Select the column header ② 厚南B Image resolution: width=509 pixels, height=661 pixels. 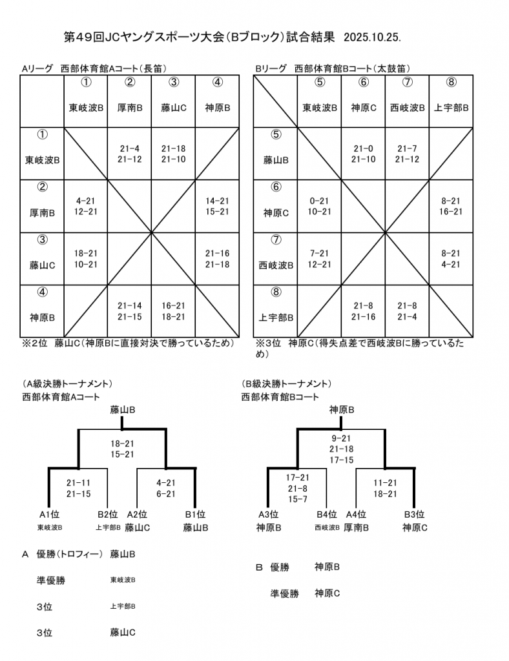point(130,101)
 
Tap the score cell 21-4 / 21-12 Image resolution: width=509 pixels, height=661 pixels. point(130,154)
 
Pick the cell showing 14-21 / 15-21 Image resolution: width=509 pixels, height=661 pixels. point(217,206)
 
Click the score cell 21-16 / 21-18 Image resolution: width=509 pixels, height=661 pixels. point(217,259)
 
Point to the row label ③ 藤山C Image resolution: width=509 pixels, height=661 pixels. point(42,258)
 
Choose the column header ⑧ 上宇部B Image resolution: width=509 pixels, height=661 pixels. point(452,101)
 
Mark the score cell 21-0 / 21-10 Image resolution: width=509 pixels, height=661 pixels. point(363,154)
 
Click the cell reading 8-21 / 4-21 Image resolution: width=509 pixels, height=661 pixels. point(451,259)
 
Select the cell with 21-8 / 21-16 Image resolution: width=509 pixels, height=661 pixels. point(363,311)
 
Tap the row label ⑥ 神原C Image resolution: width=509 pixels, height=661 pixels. point(276,205)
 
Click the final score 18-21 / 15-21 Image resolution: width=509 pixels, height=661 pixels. point(123,449)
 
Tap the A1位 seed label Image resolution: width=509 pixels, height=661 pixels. point(50,514)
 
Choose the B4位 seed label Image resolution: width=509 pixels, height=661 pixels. point(327,514)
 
